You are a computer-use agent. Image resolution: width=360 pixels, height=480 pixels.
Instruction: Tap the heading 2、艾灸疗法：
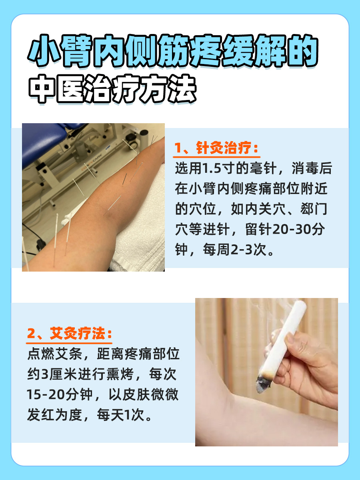(x=69, y=333)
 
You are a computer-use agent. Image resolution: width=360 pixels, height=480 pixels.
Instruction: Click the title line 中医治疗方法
(x=113, y=88)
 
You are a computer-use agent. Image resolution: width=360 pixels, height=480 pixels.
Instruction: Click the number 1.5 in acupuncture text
(x=214, y=169)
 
